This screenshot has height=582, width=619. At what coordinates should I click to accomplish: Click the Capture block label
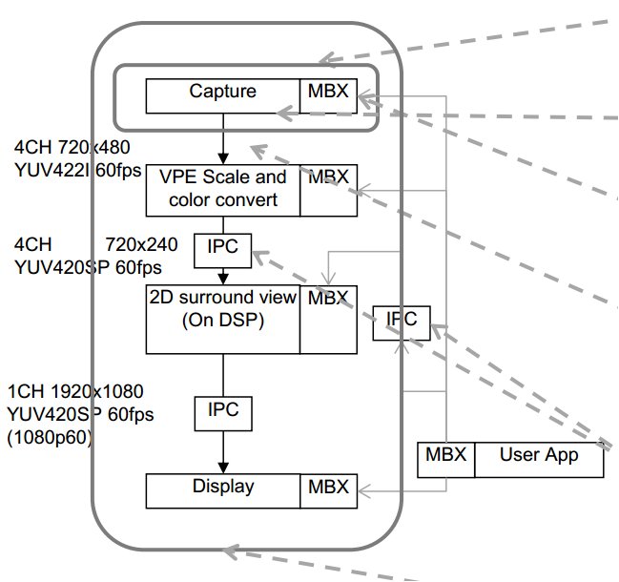(222, 93)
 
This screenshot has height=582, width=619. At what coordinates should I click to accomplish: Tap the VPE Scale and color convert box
(223, 189)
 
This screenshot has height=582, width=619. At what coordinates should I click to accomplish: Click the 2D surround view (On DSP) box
(223, 318)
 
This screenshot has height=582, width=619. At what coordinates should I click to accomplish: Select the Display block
(223, 488)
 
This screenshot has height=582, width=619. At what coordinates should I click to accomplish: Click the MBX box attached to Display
(328, 489)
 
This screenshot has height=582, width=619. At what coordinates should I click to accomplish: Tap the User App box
(539, 459)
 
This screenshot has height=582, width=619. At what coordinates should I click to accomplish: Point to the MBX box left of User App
(446, 459)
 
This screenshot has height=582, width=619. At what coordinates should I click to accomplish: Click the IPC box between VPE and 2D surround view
(222, 249)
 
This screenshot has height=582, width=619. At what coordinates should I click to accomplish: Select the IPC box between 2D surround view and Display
(222, 413)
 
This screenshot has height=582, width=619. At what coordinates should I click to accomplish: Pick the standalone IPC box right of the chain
(402, 322)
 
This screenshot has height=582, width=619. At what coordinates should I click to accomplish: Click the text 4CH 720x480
(72, 148)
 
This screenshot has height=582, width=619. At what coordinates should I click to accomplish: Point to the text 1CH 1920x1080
(74, 392)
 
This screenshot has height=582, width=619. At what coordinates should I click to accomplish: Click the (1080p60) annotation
(50, 438)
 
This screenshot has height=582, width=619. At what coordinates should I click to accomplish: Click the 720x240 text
(141, 244)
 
